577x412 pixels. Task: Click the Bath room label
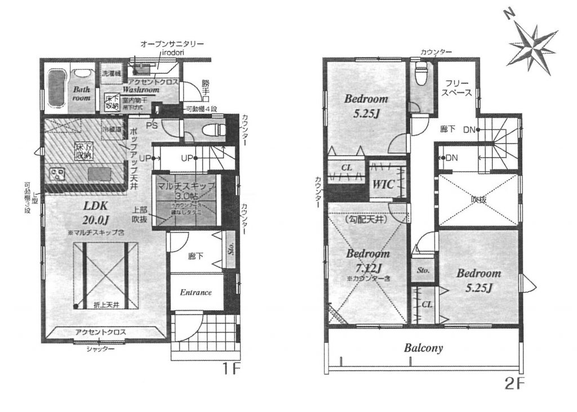point(82,93)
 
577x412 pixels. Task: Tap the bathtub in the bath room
point(56,87)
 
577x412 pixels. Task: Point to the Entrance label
point(196,293)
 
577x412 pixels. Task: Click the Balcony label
point(423,348)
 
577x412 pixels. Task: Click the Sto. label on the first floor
point(230,248)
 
